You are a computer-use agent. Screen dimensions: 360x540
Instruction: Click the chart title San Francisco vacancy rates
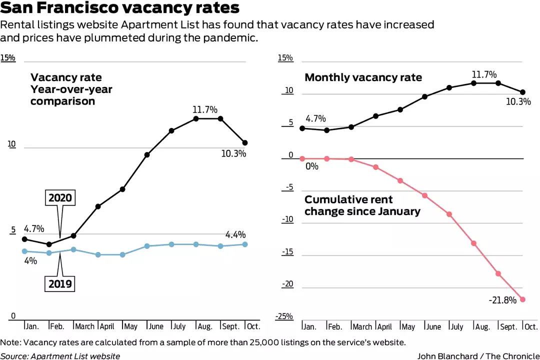coord(120,8)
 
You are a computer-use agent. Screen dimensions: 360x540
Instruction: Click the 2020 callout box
coord(60,198)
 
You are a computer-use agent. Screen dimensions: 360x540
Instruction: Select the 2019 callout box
coord(60,284)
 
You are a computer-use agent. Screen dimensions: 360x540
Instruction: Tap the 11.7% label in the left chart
coord(205,109)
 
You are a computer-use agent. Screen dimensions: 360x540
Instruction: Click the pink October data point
coord(522,299)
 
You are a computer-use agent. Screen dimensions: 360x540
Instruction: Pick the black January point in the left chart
coord(24,239)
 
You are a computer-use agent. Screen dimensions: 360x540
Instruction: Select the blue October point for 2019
coord(245,244)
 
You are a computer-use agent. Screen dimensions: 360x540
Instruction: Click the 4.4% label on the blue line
coord(235,234)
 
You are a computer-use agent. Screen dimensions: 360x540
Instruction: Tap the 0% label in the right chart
coord(311,166)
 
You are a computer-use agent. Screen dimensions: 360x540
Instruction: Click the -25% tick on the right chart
coord(284,316)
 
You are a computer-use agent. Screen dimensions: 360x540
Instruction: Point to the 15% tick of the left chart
coord(8,58)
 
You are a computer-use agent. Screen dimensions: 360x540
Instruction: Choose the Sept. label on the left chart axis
coord(231,326)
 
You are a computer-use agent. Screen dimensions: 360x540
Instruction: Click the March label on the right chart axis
coord(362,327)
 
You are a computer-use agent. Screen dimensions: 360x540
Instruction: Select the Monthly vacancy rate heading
coord(363,77)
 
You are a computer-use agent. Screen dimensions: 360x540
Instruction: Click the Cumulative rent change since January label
coord(362,205)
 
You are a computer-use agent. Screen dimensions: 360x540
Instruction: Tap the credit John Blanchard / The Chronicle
coord(478,356)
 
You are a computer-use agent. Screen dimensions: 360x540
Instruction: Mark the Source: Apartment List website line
coord(60,356)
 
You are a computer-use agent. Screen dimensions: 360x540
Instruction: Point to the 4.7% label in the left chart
coord(34,229)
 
